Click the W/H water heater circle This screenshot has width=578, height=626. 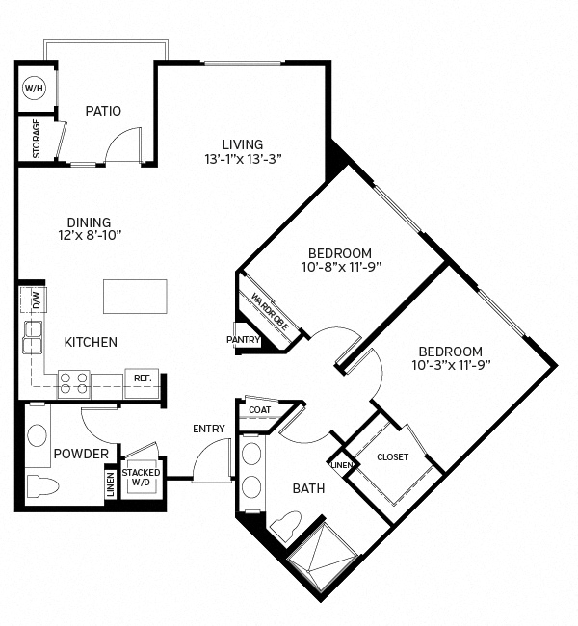tap(34, 89)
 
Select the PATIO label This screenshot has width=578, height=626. tap(103, 111)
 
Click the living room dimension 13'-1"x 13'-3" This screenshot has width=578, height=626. tap(243, 159)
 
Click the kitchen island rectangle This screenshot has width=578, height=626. tap(135, 297)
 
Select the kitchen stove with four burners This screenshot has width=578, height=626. tap(73, 383)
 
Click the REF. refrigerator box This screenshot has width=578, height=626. tap(142, 378)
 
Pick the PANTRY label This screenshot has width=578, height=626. tap(244, 340)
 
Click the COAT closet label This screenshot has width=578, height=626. tap(260, 410)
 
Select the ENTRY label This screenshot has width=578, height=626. tap(209, 429)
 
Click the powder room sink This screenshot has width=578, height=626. tap(39, 433)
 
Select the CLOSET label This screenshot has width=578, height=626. tap(393, 456)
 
